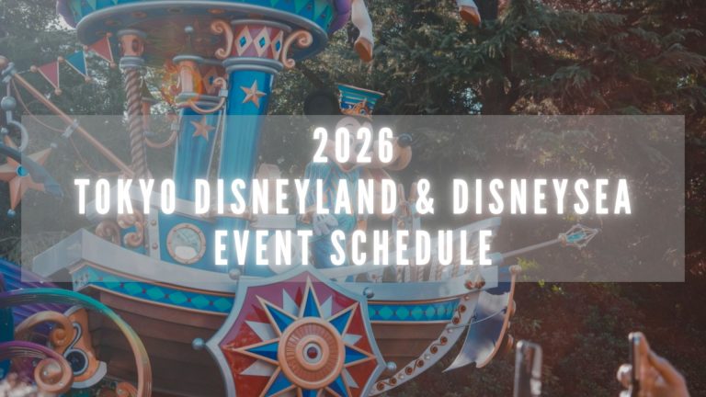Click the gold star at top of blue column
(253, 93)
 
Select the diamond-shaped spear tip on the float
(578, 236)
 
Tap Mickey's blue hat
(359, 100)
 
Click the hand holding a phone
(653, 372)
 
